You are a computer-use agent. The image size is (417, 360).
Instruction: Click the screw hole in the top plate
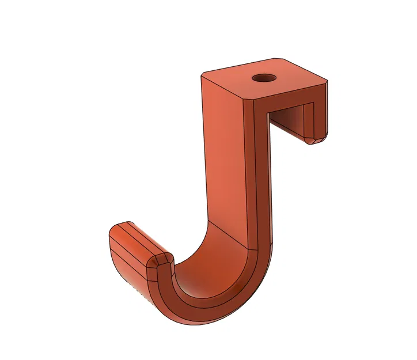coord(264,77)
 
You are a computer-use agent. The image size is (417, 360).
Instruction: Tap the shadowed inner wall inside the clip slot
coord(291,121)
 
